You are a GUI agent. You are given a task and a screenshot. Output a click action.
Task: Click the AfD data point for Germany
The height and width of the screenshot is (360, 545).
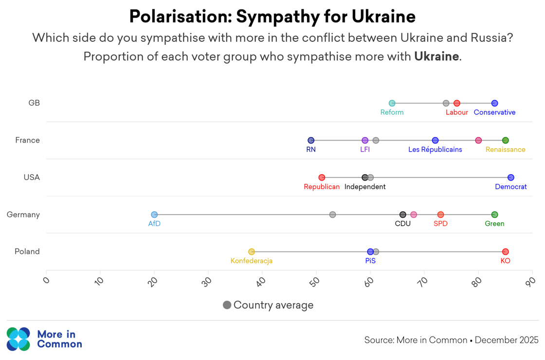(x=154, y=215)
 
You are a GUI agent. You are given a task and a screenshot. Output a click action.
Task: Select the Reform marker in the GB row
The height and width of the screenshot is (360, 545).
(x=392, y=103)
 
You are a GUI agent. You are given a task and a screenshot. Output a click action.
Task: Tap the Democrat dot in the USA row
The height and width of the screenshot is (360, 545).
(x=510, y=178)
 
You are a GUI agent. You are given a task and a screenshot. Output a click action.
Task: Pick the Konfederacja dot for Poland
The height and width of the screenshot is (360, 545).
(x=252, y=252)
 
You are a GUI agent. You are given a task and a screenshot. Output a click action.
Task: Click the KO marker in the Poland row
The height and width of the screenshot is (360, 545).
(x=505, y=252)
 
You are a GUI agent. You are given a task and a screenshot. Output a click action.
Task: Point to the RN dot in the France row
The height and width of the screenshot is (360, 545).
(x=311, y=141)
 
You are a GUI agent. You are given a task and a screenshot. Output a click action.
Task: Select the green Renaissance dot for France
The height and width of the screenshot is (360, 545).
(x=505, y=141)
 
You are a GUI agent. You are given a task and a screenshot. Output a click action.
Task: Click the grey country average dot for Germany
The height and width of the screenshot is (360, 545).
(x=332, y=215)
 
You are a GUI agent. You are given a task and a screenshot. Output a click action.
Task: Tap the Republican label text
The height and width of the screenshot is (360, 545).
(x=322, y=187)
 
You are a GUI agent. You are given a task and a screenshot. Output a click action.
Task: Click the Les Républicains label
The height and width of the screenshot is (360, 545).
(x=435, y=150)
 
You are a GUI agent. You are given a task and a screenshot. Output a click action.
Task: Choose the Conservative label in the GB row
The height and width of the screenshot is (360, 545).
(x=494, y=112)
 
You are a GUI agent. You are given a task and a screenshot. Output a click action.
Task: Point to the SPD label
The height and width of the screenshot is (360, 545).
(x=440, y=224)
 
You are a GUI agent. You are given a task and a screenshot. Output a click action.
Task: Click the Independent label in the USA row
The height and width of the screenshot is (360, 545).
(x=365, y=187)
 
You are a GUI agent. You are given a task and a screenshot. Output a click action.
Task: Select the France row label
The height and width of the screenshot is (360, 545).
(x=27, y=141)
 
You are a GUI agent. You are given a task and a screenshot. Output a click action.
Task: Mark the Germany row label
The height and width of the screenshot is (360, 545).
(x=23, y=215)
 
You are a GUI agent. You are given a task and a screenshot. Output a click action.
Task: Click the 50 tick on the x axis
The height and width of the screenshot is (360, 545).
(x=315, y=281)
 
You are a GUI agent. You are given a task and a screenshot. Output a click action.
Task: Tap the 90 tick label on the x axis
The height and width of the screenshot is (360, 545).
(x=530, y=281)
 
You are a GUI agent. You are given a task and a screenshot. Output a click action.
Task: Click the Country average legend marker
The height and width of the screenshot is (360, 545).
(x=227, y=305)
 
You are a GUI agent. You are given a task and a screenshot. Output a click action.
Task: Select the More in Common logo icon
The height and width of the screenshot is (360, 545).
(x=18, y=339)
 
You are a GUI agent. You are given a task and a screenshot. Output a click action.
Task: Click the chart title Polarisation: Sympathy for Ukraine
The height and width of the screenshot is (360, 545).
(x=272, y=17)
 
